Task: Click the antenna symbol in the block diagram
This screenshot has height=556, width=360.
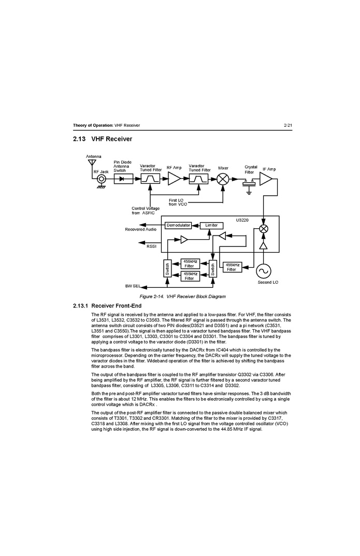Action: tap(92, 163)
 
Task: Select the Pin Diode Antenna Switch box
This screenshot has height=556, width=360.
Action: tap(123, 179)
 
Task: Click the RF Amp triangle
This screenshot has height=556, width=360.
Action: tap(174, 179)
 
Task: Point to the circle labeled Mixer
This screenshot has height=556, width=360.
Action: tap(223, 179)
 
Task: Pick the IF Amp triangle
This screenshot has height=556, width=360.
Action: tap(266, 179)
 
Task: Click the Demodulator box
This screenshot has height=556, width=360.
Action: tap(178, 226)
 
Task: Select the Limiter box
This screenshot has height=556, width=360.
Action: tap(211, 226)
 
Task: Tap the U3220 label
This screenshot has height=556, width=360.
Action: tap(242, 220)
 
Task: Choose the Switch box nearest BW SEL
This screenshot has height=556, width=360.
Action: tap(167, 269)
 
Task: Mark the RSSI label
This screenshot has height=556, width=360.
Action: tap(151, 246)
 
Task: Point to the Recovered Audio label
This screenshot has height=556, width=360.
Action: tap(140, 229)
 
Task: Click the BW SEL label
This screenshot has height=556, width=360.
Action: tap(133, 286)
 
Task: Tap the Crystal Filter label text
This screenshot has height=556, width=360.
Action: tap(250, 169)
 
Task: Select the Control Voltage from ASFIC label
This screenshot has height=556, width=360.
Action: tap(146, 211)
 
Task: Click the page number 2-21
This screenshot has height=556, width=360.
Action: tap(287, 125)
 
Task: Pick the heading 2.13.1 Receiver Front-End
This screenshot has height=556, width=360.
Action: tap(107, 305)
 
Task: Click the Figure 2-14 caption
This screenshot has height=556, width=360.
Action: tap(182, 297)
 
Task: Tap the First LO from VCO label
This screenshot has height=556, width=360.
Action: tap(178, 202)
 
